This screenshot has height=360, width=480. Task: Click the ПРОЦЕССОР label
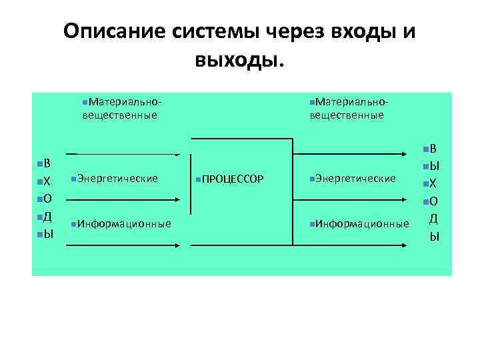tap(233, 179)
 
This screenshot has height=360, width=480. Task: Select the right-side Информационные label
tap(362, 223)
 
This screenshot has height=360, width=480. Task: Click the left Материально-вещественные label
tap(120, 108)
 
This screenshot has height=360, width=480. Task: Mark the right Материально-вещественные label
tap(349, 108)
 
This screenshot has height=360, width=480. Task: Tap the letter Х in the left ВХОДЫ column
tap(48, 181)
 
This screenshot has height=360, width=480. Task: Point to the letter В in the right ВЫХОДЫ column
tap(433, 148)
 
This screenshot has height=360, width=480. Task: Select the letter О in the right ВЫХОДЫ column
tap(433, 200)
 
